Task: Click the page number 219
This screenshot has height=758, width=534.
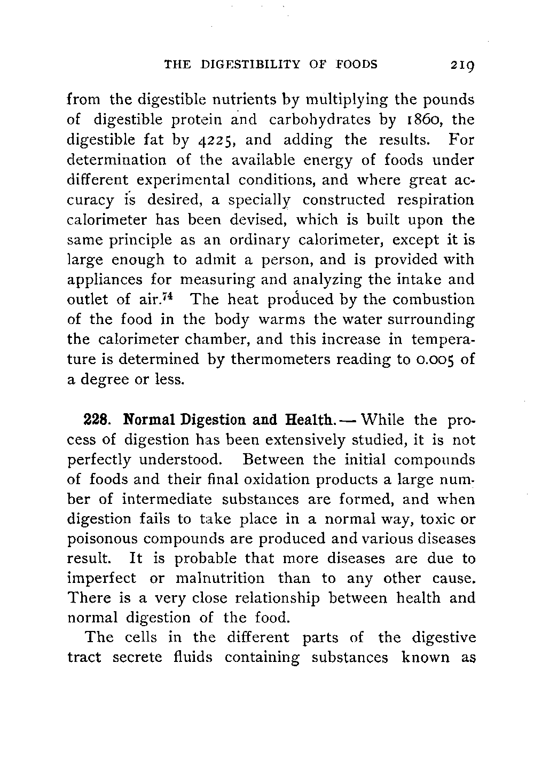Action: coord(462,66)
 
